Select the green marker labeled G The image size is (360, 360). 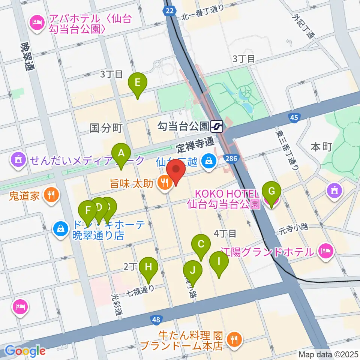pos(272,192)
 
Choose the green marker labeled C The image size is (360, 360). pos(201,245)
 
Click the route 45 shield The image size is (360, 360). pos(294,118)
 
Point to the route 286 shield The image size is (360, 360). pos(231,159)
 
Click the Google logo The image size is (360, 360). pos(25,351)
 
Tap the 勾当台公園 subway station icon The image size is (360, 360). pos(217,126)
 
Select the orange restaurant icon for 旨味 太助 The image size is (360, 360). pos(164,183)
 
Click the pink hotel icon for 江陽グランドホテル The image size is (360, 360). pos(325,250)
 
